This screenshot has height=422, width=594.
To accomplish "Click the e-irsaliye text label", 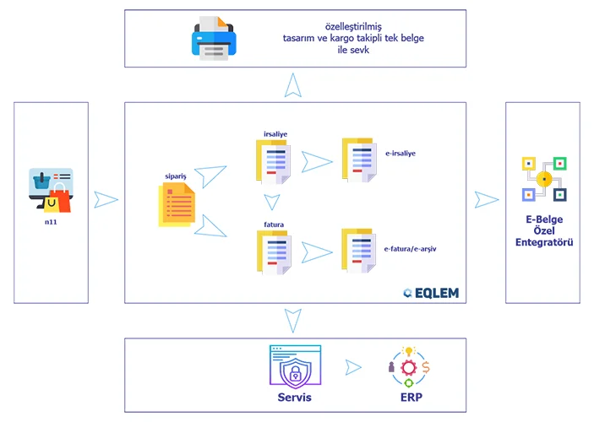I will [400, 154].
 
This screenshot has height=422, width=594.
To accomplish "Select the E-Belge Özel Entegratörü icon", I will [543, 178].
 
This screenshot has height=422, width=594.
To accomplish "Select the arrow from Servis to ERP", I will [353, 367].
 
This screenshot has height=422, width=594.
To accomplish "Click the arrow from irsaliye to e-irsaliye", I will [316, 161].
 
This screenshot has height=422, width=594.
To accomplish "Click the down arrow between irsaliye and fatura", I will [271, 203].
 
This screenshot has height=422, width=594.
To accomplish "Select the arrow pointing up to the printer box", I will [292, 85].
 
